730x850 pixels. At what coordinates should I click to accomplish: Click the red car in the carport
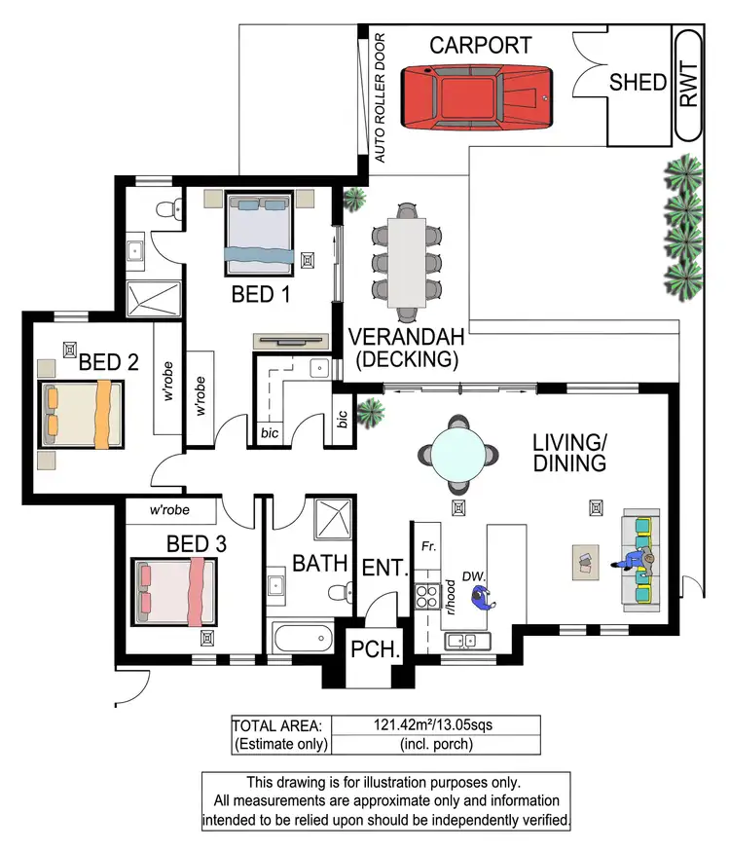click(x=477, y=97)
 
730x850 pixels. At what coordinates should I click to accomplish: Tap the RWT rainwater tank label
click(x=689, y=85)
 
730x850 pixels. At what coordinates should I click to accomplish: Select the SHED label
click(x=638, y=83)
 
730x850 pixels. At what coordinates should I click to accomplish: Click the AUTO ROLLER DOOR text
click(x=380, y=97)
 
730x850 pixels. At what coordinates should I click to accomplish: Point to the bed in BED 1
click(x=260, y=233)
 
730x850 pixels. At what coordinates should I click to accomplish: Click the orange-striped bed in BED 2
click(x=82, y=415)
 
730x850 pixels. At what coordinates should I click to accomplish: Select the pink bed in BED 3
click(x=174, y=592)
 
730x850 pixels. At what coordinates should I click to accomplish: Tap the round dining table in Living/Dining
click(x=458, y=455)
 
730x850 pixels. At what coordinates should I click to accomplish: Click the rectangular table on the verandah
click(x=407, y=263)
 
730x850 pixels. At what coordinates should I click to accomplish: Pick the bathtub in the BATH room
click(x=303, y=638)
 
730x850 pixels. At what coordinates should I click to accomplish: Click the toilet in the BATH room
click(x=341, y=592)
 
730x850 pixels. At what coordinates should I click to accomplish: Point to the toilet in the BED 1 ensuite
click(x=169, y=208)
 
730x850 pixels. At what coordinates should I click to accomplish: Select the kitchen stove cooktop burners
click(x=427, y=597)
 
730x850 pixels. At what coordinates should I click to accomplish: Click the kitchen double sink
click(x=467, y=642)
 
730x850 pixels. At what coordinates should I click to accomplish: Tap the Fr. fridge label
click(x=428, y=546)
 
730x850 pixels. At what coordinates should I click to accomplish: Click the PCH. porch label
click(x=375, y=649)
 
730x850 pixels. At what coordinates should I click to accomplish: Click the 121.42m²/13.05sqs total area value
click(x=433, y=724)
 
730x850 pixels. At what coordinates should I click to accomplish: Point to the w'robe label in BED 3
click(x=169, y=510)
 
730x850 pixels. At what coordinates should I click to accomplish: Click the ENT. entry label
click(x=384, y=568)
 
